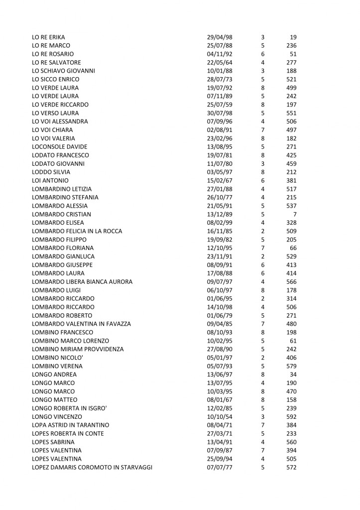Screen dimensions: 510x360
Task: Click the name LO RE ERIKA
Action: (x=48, y=37)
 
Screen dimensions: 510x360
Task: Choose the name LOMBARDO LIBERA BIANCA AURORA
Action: (x=82, y=282)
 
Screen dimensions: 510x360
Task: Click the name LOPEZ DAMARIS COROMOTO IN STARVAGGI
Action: (x=92, y=468)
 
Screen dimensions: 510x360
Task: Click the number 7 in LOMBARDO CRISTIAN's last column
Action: (x=294, y=214)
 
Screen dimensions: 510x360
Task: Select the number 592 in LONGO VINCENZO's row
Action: (x=292, y=417)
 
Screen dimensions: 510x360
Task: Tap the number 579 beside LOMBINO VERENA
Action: (x=292, y=366)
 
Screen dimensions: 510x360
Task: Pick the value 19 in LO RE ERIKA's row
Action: (x=293, y=37)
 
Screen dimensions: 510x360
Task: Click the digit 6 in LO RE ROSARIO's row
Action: (x=262, y=54)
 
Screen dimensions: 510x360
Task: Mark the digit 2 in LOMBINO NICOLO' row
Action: (x=262, y=358)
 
